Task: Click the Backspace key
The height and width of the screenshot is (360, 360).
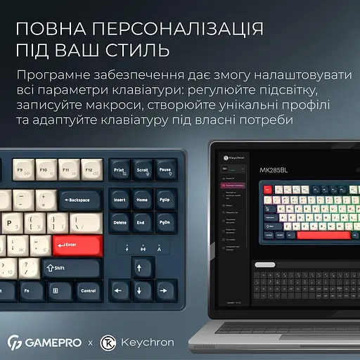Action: (80, 200)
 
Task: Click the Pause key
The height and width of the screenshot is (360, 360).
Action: (165, 170)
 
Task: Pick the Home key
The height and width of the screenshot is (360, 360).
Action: (143, 200)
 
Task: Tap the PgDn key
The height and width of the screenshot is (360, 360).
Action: (165, 223)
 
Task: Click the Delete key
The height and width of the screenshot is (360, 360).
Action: (120, 223)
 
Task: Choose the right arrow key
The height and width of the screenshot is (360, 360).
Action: (166, 290)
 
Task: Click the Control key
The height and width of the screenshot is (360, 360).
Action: (88, 290)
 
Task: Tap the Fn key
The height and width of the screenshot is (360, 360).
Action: (25, 290)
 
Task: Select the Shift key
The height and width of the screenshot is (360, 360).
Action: (70, 267)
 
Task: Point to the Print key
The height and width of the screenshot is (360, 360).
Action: (120, 170)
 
